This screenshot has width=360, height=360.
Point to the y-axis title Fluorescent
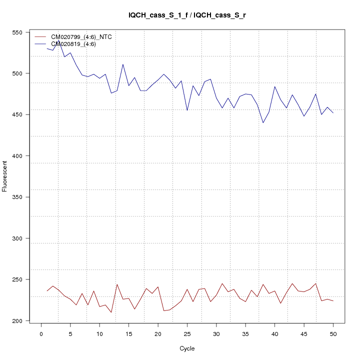[x=5, y=176]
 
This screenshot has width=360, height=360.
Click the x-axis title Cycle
[x=186, y=348]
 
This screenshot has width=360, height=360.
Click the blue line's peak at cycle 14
[x=123, y=64]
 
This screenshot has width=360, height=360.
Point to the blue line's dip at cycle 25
[x=187, y=110]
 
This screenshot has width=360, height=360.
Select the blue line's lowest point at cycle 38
[x=263, y=122]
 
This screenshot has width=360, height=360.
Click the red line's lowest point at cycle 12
[x=111, y=312]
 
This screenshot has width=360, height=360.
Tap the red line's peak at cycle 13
[x=117, y=284]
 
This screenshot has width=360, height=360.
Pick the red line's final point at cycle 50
[x=333, y=301]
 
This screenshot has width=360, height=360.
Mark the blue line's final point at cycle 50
[x=333, y=113]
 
